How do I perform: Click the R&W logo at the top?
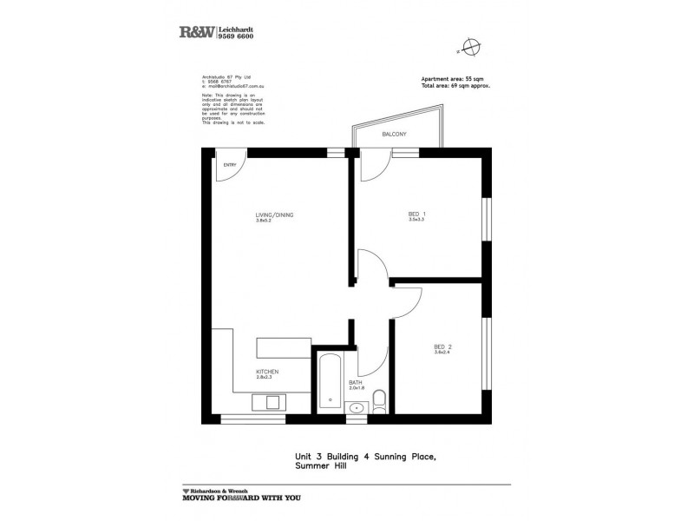(195, 32)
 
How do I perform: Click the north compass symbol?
(470, 46)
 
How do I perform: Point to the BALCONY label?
(394, 135)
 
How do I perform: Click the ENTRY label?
(230, 165)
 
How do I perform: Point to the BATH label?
(355, 382)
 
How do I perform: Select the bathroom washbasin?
(356, 409)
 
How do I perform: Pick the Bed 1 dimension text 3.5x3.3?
(416, 221)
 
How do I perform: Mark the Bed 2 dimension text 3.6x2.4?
(442, 354)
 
